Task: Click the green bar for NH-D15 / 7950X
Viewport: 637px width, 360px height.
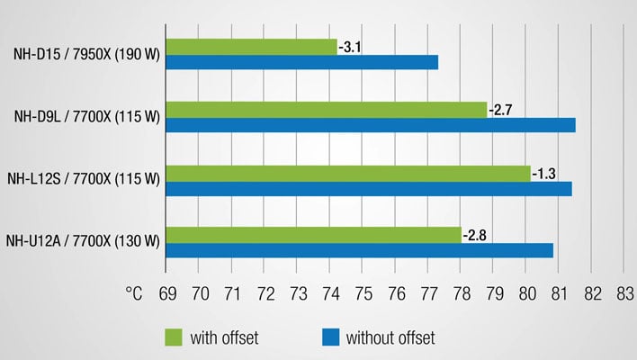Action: (251, 47)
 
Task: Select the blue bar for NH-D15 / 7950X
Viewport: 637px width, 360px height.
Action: (301, 62)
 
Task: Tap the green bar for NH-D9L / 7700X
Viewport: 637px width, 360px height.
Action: (326, 110)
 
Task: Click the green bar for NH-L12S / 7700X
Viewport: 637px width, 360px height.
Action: (347, 173)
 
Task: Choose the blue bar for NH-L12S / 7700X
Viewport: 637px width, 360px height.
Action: (368, 188)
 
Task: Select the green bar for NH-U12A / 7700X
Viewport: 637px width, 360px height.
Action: (313, 236)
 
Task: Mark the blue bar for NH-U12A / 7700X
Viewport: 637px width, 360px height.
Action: (359, 251)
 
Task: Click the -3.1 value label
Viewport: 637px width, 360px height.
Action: (350, 47)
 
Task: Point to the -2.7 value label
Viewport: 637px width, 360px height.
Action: (499, 110)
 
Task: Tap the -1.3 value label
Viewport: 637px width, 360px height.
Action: (543, 173)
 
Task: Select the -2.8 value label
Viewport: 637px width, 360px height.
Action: (474, 236)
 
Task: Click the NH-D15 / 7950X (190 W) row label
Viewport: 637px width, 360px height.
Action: (86, 55)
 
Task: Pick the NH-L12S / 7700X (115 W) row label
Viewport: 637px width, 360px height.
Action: (83, 180)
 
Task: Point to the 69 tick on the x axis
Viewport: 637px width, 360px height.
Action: (166, 293)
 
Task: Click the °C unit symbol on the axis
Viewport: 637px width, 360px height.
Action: (134, 293)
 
